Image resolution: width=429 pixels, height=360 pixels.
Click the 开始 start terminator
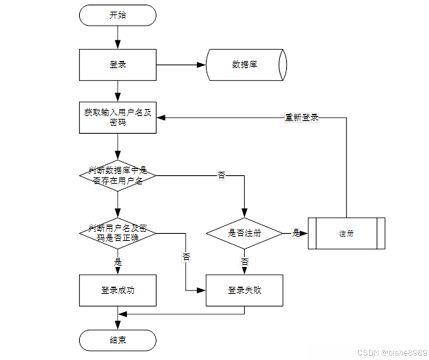click(x=118, y=15)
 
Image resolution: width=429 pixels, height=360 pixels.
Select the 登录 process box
click(x=118, y=64)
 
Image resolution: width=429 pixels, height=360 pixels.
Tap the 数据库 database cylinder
click(x=245, y=64)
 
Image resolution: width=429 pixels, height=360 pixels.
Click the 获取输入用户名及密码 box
click(x=118, y=117)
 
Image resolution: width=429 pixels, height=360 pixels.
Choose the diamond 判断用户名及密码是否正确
click(x=118, y=232)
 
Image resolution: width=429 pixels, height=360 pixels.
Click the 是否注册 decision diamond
click(x=244, y=233)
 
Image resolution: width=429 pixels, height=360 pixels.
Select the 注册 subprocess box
click(x=346, y=233)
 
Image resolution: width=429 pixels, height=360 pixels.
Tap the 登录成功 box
click(x=118, y=290)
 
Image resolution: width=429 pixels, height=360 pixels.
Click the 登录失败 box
click(x=244, y=290)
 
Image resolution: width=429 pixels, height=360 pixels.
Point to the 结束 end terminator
click(x=118, y=340)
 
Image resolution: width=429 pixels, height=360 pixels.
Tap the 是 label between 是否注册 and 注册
click(x=296, y=233)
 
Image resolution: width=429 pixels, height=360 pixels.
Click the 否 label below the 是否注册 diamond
click(x=244, y=262)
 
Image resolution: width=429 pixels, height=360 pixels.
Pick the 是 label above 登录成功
click(x=118, y=262)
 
